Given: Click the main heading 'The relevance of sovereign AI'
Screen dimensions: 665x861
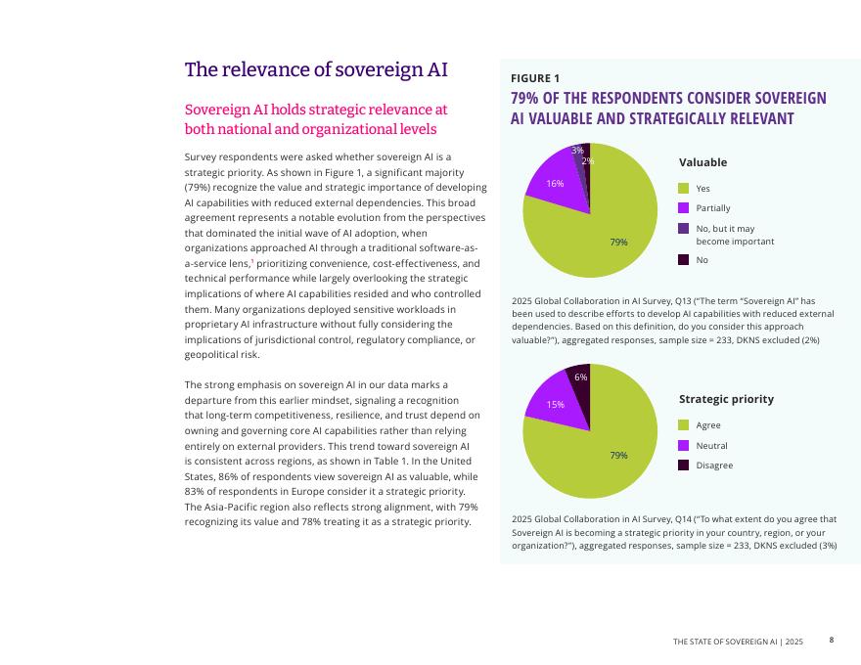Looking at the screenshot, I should tap(316, 70).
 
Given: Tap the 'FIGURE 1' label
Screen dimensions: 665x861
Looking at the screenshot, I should tap(535, 78).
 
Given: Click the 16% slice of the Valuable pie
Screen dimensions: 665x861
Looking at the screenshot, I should tap(555, 183).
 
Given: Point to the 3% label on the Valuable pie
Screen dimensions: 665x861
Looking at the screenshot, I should tap(578, 150).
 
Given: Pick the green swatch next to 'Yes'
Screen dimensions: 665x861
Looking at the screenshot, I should tap(684, 188).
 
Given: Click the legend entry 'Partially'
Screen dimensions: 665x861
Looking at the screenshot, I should tap(712, 208).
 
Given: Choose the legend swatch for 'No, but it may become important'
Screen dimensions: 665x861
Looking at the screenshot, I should tap(684, 229).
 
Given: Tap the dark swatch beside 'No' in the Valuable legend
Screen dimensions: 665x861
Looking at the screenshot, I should tap(684, 260).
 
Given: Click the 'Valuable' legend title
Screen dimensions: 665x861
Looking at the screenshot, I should tap(702, 162).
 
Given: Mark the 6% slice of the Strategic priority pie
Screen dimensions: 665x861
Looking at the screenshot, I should tap(579, 377).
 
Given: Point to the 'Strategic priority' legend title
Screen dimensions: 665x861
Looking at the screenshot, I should tap(726, 399).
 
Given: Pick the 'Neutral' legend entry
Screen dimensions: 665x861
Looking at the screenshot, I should tap(711, 445).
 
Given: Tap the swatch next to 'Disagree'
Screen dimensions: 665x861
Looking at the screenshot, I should tap(684, 465).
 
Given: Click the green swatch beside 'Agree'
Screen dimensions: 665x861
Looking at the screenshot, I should tap(684, 424).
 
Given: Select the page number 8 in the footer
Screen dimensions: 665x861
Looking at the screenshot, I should tap(832, 640).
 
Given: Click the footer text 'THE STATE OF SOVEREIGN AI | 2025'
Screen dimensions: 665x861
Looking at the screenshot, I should tap(738, 641).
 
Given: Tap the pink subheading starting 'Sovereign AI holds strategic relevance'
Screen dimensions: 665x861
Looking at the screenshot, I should tap(316, 119).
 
